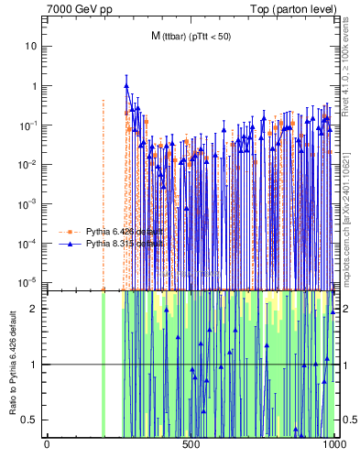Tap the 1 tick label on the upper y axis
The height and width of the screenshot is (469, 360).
tap(33, 85)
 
